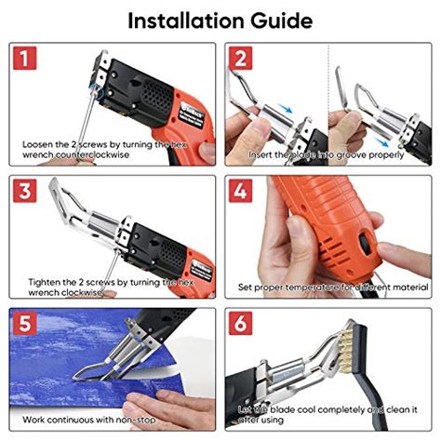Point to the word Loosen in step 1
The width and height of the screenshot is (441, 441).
coord(41,145)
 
